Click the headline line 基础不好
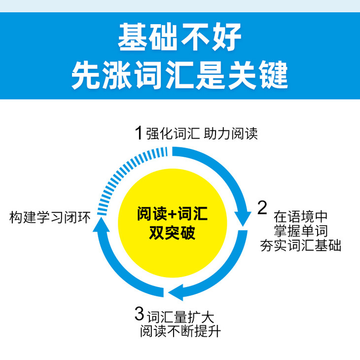pos(180,37)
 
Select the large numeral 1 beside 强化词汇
pos(139,132)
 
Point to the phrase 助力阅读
pos(234,133)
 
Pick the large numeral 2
pos(263,208)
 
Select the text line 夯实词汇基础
pos(301,245)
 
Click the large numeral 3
pos(140,313)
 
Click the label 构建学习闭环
pos(50,217)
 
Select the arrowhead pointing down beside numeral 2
pos(242,216)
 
